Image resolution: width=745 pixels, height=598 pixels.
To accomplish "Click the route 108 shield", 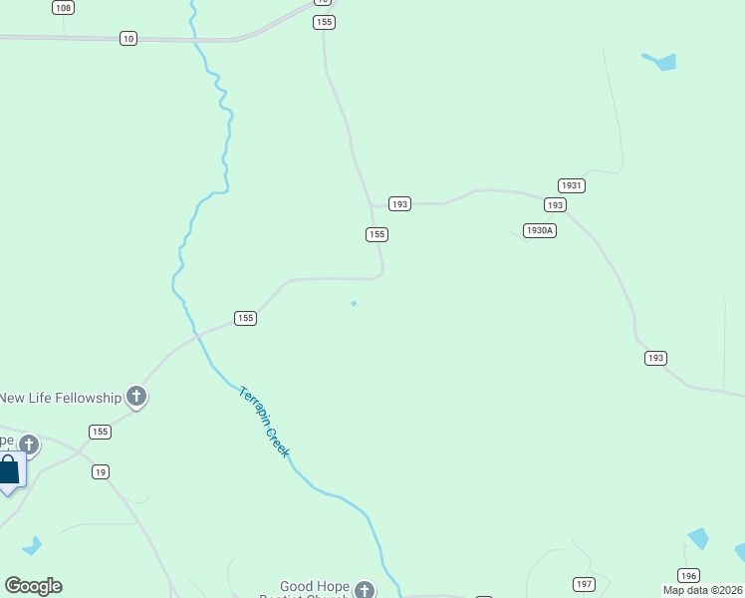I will [x=64, y=8].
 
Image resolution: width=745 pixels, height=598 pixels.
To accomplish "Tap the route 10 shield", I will [x=128, y=38].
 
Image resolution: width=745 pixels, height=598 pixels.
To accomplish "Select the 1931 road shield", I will [x=571, y=185].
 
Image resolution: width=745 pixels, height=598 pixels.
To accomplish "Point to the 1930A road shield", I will [x=539, y=230].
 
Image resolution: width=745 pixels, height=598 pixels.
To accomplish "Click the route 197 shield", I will [x=584, y=583].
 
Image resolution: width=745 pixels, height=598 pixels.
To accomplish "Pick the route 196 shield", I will [x=687, y=575].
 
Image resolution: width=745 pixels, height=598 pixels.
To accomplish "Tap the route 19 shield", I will [x=101, y=471].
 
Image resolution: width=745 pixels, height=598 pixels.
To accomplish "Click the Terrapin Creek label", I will [x=264, y=422].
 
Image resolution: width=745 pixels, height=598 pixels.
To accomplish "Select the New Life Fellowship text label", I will [x=60, y=398].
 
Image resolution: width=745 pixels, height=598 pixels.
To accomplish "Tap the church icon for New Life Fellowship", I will [x=136, y=398].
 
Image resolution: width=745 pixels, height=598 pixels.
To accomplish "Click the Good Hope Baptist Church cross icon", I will [x=365, y=590].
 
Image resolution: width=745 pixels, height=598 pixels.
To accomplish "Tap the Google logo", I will [x=33, y=586].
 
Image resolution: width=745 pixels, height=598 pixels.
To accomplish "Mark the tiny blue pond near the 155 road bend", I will [x=354, y=304].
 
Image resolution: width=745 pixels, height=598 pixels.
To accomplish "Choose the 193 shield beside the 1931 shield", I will [x=555, y=204].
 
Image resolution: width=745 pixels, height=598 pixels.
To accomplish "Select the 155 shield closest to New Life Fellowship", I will [x=100, y=432].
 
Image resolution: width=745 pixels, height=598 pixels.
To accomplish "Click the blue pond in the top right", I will [x=661, y=62].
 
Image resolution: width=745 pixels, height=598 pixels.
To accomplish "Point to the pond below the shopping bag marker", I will [x=32, y=546].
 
